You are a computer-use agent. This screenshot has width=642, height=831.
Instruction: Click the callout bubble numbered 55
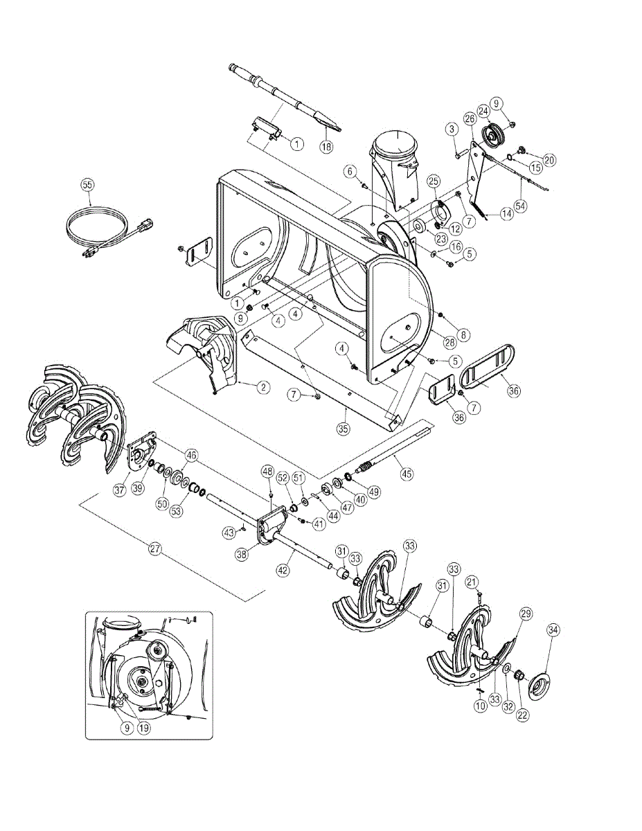pyautogui.click(x=87, y=184)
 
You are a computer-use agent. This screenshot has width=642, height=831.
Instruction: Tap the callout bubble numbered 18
pyautogui.click(x=326, y=146)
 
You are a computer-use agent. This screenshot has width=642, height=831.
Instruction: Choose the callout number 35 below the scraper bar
pyautogui.click(x=343, y=428)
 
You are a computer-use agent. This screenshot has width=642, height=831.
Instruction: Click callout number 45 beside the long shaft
pyautogui.click(x=406, y=474)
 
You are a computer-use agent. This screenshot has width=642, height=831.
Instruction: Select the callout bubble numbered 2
pyautogui.click(x=263, y=387)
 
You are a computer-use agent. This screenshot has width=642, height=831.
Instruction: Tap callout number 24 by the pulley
pyautogui.click(x=483, y=111)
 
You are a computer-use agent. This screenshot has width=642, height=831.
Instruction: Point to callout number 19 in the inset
pyautogui.click(x=144, y=727)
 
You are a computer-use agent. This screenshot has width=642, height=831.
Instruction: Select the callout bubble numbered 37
pyautogui.click(x=119, y=490)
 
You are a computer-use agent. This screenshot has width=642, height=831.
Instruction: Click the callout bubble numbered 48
pyautogui.click(x=267, y=472)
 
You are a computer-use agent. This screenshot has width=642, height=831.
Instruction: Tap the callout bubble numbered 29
pyautogui.click(x=525, y=614)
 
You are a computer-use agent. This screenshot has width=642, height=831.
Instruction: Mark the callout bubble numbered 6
pyautogui.click(x=350, y=170)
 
